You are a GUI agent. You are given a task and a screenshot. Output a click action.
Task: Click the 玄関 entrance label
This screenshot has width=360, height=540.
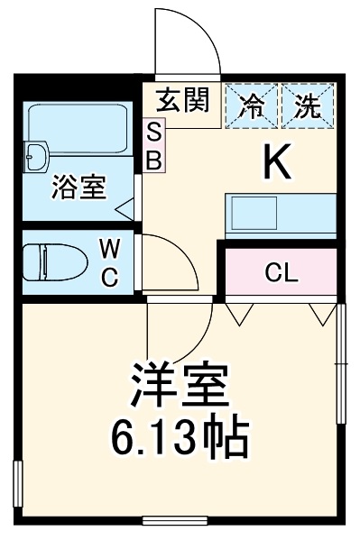[182, 101]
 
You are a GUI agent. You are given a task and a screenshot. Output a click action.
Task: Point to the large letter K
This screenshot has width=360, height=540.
[277, 162]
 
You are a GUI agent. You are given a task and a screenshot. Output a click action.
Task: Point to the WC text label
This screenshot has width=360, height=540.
[108, 263]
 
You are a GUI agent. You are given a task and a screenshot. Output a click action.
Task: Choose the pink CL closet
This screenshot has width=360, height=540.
[282, 272]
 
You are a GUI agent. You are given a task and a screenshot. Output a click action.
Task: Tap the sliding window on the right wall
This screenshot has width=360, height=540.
[340, 361]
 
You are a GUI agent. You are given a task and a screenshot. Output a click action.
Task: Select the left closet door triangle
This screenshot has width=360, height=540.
[239, 313]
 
